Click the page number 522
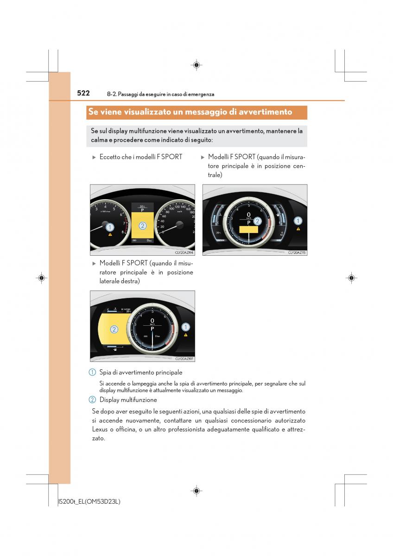(x=83, y=93)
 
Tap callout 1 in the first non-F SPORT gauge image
(x=110, y=227)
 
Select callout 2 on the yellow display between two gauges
(x=142, y=226)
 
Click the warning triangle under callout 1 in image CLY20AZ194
(x=110, y=235)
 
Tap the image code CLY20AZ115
(x=298, y=253)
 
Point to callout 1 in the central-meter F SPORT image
(x=298, y=221)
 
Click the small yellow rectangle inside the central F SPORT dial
(x=248, y=229)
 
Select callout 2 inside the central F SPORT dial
(x=258, y=221)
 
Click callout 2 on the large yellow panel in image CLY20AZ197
(x=114, y=329)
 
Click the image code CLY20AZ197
(x=184, y=359)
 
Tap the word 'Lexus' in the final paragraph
(x=100, y=430)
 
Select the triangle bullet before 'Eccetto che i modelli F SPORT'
(x=94, y=157)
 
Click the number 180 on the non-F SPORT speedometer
(x=192, y=213)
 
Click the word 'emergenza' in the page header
(x=201, y=94)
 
